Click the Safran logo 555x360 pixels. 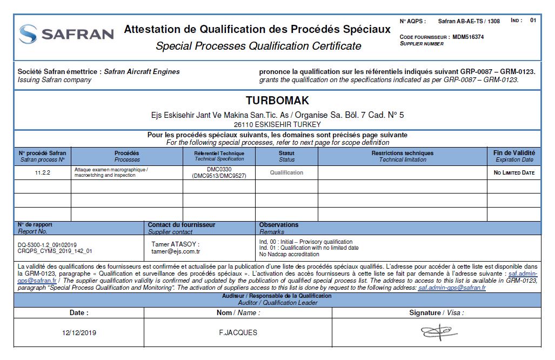click(x=66, y=34)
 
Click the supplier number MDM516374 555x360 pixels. click(x=468, y=37)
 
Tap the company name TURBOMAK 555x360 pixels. click(x=277, y=101)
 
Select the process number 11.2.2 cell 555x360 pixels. click(x=42, y=172)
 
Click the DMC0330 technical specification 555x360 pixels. click(x=219, y=169)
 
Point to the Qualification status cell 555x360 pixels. click(x=286, y=172)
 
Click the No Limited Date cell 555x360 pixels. click(x=513, y=172)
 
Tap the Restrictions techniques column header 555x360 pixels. click(x=402, y=156)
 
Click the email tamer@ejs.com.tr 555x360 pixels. click(x=176, y=251)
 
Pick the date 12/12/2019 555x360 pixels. click(x=79, y=332)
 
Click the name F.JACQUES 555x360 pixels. click(x=235, y=332)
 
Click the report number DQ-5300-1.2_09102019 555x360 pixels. click(x=48, y=244)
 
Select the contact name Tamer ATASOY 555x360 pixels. click(x=176, y=244)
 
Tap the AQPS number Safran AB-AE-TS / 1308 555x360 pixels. click(x=469, y=21)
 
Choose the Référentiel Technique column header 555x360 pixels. click(x=219, y=156)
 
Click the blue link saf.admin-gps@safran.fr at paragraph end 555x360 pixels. click(x=452, y=288)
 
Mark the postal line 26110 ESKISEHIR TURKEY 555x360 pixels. click(x=277, y=124)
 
